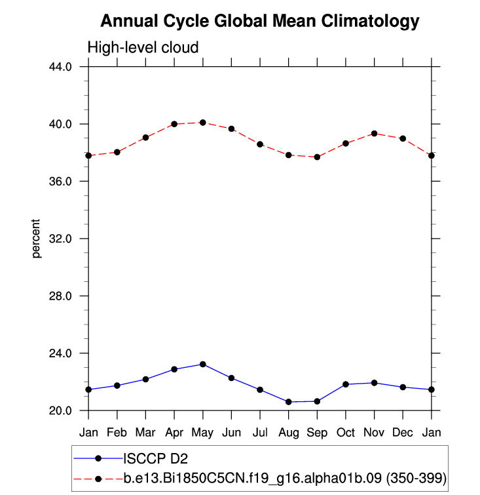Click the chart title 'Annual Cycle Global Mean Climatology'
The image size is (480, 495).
click(259, 22)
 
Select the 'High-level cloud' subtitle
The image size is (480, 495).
click(143, 48)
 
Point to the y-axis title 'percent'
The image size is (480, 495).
click(37, 239)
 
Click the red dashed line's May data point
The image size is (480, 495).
click(203, 123)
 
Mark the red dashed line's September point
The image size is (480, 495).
click(318, 157)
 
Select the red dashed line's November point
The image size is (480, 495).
click(375, 134)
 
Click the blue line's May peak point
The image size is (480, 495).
click(203, 365)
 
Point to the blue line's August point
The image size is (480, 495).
click(289, 402)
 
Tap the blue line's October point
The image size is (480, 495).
click(346, 384)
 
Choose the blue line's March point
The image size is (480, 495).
click(145, 380)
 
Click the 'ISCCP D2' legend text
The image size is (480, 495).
click(151, 458)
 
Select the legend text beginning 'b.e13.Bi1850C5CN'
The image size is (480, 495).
click(285, 479)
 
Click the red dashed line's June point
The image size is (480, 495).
click(231, 129)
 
